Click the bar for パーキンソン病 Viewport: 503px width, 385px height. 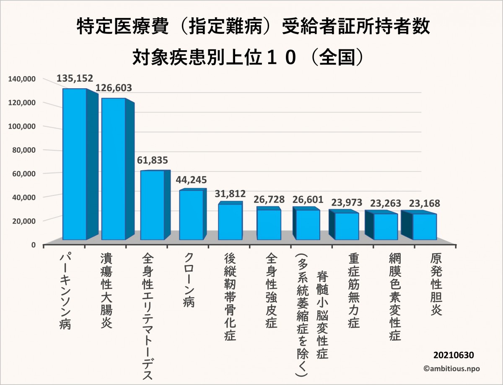75,164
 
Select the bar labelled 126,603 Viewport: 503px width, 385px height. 113,169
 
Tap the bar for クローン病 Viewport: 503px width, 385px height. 191,215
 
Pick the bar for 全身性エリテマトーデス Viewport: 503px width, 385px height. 152,205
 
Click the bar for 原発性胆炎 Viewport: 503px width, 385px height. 425,227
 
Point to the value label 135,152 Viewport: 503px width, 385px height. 75,78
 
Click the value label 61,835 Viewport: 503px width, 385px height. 153,160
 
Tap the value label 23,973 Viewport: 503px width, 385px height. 347,203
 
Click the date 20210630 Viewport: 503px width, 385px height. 454,355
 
